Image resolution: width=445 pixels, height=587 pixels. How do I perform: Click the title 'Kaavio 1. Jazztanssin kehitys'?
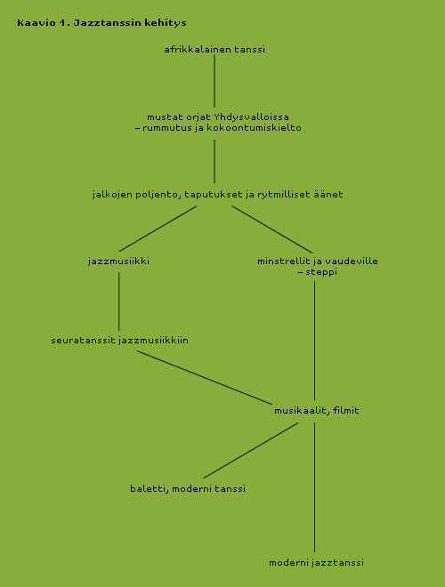click(x=101, y=23)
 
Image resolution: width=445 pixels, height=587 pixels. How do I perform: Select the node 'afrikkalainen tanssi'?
click(x=214, y=50)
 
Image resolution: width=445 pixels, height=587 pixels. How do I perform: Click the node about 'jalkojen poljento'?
click(x=218, y=195)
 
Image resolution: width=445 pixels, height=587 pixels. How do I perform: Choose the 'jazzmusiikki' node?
click(x=118, y=261)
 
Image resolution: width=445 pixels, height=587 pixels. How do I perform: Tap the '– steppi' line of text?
click(x=318, y=272)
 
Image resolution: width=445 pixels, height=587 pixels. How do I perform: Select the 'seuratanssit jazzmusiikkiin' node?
click(x=119, y=341)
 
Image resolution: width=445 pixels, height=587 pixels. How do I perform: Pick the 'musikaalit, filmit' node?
click(x=317, y=411)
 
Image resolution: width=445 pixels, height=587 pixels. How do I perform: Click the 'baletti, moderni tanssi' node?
click(x=188, y=488)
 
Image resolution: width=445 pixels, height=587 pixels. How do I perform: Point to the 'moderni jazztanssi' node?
click(x=316, y=563)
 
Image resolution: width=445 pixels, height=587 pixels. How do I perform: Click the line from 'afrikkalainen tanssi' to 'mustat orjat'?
click(x=214, y=81)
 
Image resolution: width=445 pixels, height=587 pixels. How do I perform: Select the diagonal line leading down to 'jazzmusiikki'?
click(x=158, y=229)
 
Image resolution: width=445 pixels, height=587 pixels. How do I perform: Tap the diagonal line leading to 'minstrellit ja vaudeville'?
click(x=272, y=229)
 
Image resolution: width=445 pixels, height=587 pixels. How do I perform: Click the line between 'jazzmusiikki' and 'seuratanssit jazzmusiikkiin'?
click(x=118, y=302)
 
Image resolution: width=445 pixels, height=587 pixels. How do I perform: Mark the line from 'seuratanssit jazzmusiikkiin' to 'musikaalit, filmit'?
click(x=204, y=377)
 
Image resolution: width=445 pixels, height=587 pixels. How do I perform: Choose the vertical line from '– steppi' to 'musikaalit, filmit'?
click(x=314, y=341)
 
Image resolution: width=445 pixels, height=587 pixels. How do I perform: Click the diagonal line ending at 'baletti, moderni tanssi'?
click(x=251, y=450)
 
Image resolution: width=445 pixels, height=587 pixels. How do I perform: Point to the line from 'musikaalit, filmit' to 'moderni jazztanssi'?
click(x=314, y=487)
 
